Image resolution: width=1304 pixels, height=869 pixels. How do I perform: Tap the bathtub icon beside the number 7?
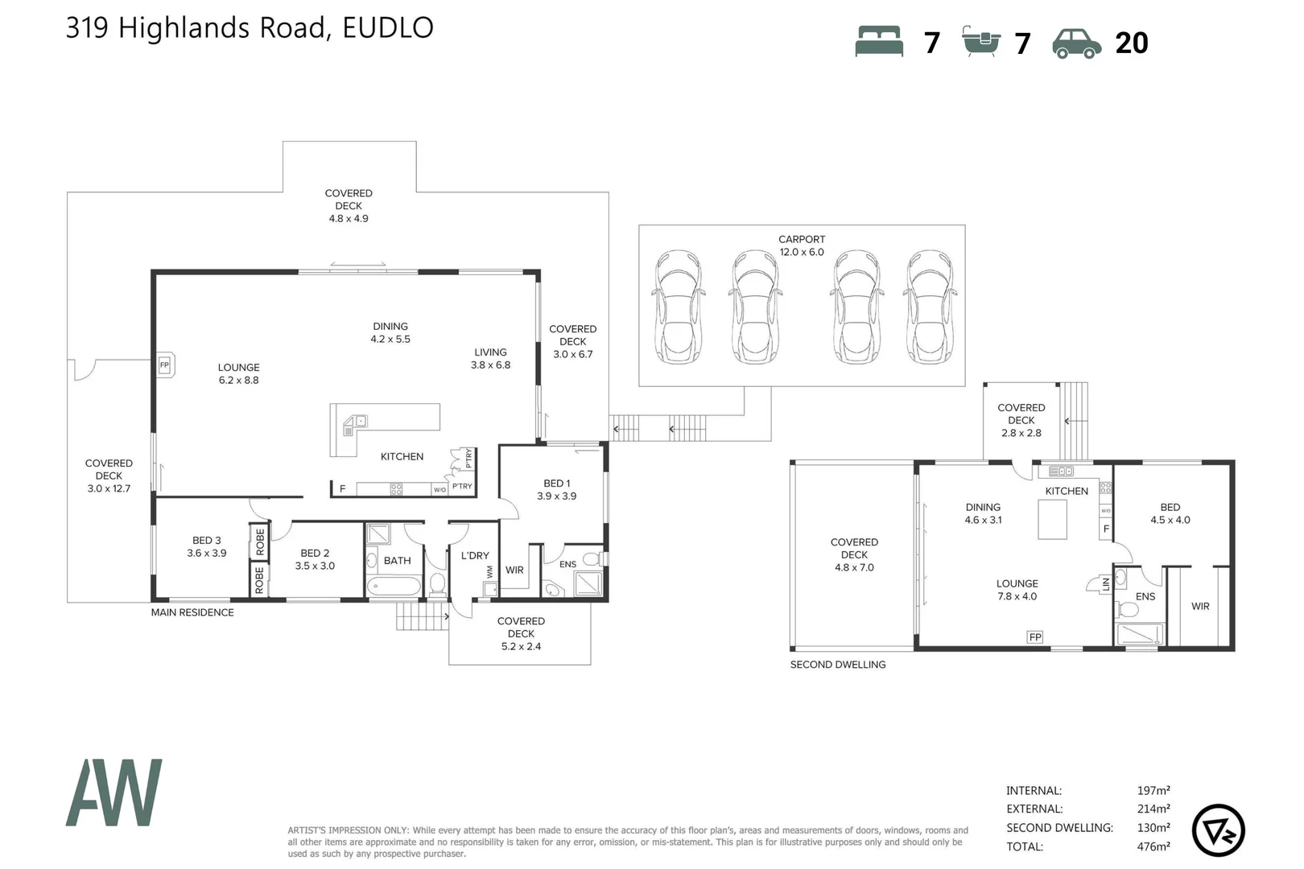point(980,41)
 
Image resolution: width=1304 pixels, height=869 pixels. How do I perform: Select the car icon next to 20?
point(1076,43)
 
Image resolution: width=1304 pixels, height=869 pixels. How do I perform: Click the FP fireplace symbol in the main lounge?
point(165,365)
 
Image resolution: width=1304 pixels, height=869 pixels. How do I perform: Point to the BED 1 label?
point(556,484)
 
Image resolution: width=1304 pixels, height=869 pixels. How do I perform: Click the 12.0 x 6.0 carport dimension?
point(802,252)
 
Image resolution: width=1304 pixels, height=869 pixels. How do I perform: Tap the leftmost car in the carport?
point(679,306)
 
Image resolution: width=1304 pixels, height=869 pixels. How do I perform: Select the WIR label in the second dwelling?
point(1200,607)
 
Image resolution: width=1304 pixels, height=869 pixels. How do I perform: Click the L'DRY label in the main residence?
point(475,555)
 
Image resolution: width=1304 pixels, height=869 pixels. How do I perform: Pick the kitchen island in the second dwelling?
point(1052,519)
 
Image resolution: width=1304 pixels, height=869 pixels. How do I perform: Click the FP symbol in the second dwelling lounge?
point(1035,637)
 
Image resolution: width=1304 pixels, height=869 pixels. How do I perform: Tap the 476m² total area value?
point(1153,846)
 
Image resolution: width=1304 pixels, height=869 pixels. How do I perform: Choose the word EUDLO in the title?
point(388,28)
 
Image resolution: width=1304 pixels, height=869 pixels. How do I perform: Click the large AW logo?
point(114,793)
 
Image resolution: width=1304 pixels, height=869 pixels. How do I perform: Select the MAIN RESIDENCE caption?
point(192,612)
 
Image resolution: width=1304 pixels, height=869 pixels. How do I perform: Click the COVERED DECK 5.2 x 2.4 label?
point(521,633)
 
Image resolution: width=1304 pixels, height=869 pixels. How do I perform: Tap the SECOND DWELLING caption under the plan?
point(838,665)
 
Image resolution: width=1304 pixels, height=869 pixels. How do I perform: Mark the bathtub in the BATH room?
point(394,586)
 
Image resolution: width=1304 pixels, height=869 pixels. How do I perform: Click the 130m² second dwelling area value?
point(1153,827)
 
